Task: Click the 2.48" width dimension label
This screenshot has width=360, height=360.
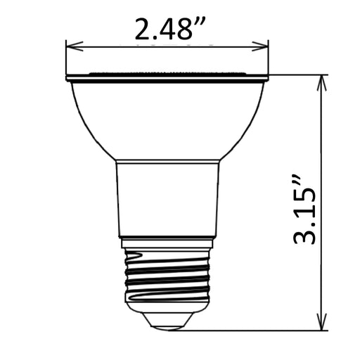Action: pos(170,29)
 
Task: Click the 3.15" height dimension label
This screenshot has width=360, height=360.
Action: pos(304,209)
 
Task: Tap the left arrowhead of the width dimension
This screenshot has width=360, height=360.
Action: pos(75,46)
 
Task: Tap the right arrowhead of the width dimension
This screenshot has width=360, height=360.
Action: pos(260,46)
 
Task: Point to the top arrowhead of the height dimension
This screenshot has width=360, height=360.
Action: pos(322,83)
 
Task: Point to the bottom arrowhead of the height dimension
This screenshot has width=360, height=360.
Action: pos(322,323)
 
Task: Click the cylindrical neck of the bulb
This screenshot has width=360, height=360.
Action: pos(167,199)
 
